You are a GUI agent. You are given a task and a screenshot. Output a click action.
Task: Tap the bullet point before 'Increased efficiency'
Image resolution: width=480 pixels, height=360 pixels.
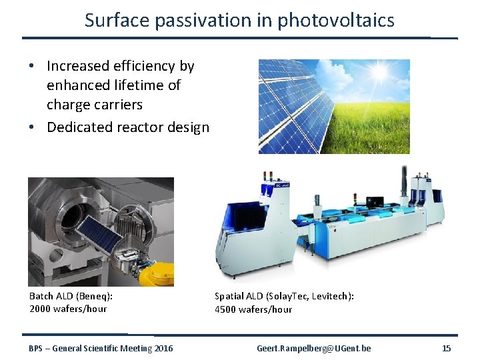pos(33,67)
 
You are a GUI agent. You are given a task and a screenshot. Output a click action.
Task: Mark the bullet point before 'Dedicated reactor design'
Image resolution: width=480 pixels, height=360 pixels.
pos(33,127)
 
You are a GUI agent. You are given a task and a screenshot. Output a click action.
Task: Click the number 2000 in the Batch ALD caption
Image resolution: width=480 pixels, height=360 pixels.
pos(42,309)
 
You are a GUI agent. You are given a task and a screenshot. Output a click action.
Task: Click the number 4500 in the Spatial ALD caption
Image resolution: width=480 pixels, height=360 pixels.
pos(227,309)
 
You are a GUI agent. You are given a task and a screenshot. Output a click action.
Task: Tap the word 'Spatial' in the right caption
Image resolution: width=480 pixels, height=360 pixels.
pos(229,296)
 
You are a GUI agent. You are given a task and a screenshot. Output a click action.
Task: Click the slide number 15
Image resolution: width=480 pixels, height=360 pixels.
pos(446,348)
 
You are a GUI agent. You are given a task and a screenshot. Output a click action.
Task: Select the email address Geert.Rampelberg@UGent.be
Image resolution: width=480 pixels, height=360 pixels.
pos(314,348)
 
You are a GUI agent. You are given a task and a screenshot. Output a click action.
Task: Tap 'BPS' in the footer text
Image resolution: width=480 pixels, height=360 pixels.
pos(37,348)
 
